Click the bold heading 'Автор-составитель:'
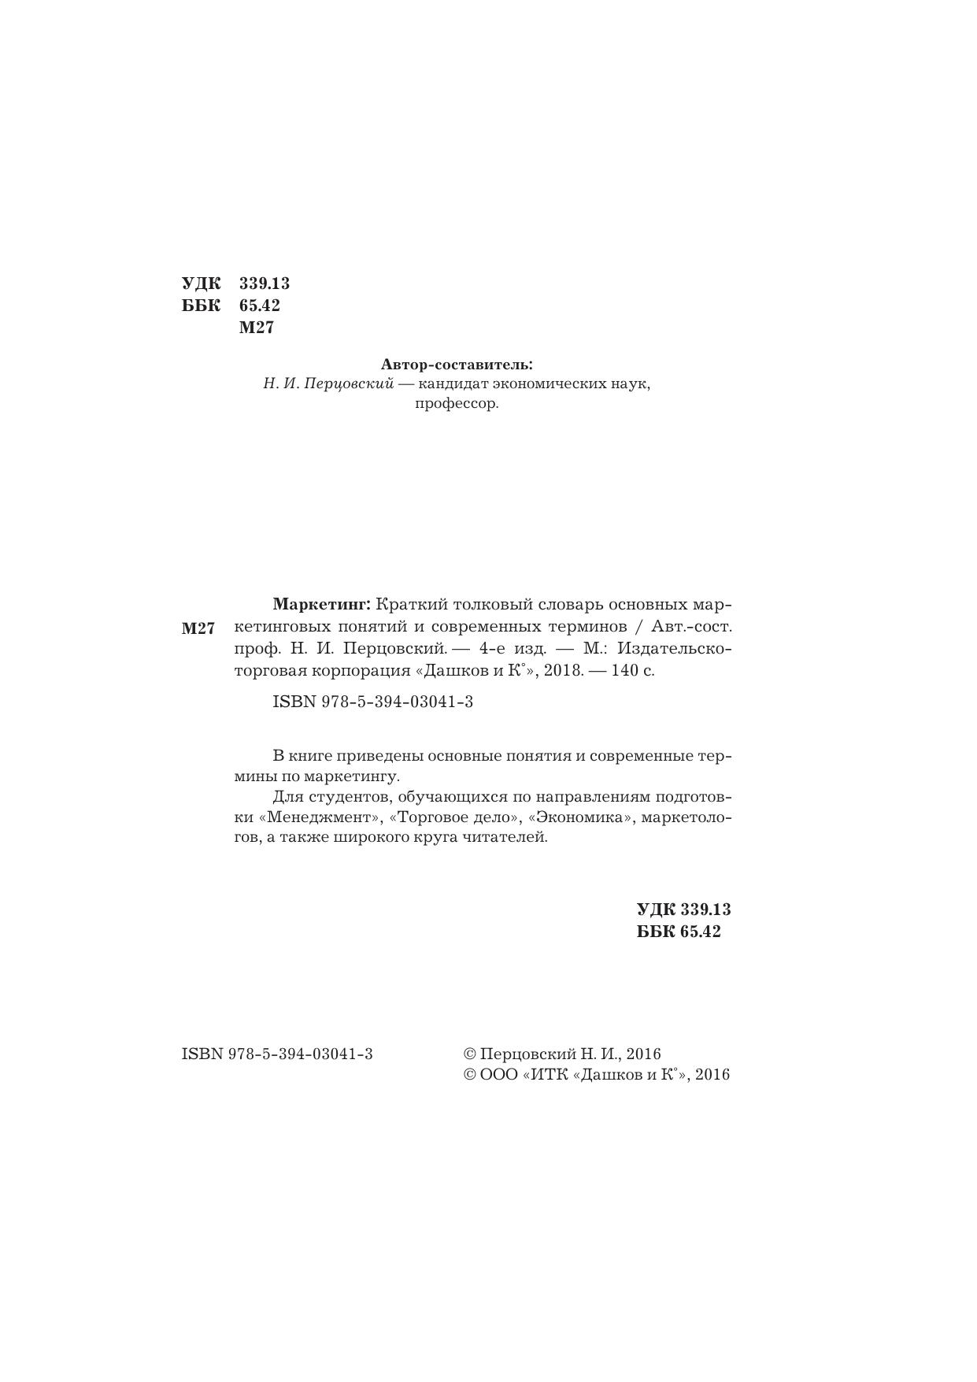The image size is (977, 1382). click(457, 365)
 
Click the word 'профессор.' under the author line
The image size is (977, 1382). click(457, 405)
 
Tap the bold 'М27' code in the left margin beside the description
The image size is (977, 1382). click(198, 628)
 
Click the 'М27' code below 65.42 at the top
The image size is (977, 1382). click(257, 328)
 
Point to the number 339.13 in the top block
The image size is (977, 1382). click(265, 283)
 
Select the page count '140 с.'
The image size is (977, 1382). click(633, 671)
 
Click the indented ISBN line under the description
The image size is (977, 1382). click(372, 702)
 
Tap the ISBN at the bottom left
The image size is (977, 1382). click(277, 1054)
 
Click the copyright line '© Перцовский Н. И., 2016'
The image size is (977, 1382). click(563, 1054)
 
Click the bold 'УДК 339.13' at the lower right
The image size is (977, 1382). click(683, 910)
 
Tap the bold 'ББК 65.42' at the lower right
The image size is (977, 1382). click(679, 932)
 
